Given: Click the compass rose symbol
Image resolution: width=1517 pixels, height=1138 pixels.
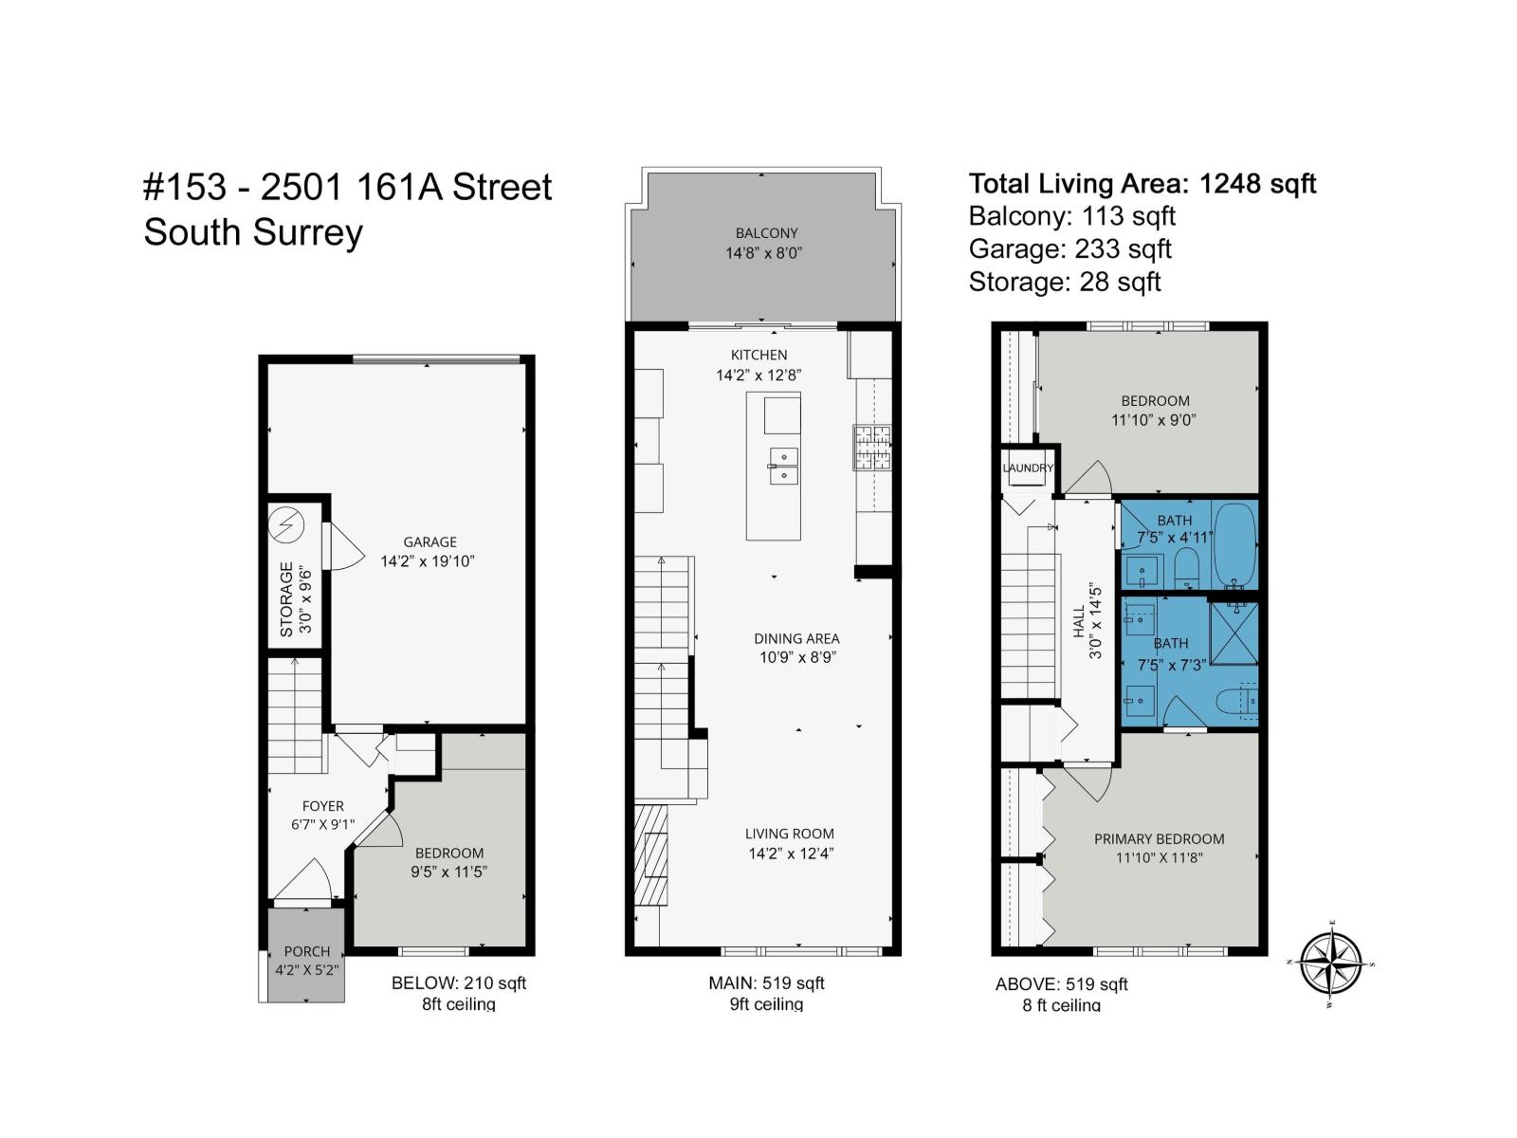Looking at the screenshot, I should (x=1331, y=964).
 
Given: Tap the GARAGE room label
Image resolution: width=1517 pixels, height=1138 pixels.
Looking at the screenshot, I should (x=430, y=542).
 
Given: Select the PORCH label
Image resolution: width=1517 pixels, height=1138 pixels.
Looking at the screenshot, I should (x=306, y=951).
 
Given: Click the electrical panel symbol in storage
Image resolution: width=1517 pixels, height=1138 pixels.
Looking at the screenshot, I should (x=285, y=523).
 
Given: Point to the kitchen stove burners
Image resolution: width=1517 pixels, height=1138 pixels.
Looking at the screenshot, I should (x=873, y=448).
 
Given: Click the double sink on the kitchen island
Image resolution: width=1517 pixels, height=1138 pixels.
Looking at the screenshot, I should (x=783, y=467).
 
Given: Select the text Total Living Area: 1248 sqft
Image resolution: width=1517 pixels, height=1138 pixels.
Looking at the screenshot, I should (x=1142, y=183).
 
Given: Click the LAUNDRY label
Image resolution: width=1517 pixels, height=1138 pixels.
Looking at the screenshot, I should (x=1028, y=468).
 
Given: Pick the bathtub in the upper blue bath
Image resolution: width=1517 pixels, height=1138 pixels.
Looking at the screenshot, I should (x=1234, y=544).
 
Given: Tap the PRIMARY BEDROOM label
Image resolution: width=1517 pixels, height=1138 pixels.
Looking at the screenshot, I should (x=1159, y=839).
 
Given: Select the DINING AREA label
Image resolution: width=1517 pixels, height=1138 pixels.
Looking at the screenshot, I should (x=796, y=639).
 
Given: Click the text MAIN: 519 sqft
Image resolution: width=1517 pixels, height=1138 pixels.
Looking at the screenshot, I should (x=766, y=983).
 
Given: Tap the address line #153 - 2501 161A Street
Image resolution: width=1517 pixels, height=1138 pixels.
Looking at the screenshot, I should (x=347, y=188).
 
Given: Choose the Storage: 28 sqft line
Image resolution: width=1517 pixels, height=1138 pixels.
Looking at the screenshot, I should (x=1064, y=282).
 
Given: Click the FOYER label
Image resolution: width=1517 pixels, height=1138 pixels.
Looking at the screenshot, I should (x=322, y=806).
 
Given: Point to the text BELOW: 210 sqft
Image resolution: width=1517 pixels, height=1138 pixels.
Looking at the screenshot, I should (x=459, y=983).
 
